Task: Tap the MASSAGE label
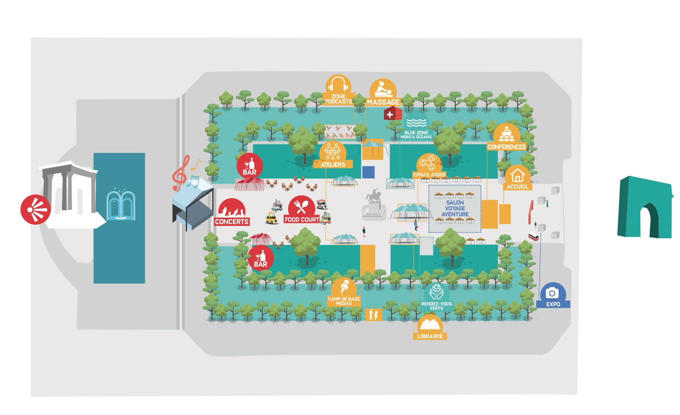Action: (x=383, y=102)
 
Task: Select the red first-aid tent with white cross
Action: (x=392, y=114)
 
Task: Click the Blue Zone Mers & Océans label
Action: (x=416, y=134)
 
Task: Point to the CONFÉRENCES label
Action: (x=506, y=147)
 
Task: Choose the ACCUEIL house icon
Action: (x=517, y=175)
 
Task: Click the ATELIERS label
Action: (x=333, y=164)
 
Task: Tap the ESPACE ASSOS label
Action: (x=429, y=175)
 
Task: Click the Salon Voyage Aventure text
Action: (x=455, y=208)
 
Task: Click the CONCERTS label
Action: (x=232, y=221)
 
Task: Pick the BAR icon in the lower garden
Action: (x=261, y=258)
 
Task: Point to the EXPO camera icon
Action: (x=552, y=293)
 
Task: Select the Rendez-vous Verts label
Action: (x=436, y=306)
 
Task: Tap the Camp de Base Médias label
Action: (x=344, y=301)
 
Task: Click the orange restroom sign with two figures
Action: (x=373, y=314)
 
